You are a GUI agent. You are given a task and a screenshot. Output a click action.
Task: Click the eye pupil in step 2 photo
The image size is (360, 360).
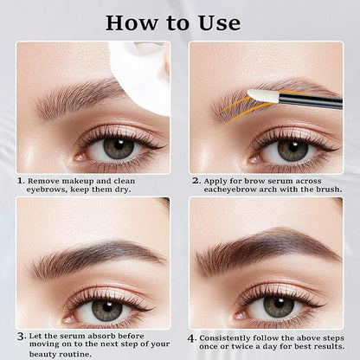(291, 148)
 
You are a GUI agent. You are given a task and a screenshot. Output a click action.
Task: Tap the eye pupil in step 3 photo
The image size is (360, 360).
(107, 308)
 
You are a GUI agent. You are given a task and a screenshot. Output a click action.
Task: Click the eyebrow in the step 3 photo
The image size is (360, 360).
(95, 257)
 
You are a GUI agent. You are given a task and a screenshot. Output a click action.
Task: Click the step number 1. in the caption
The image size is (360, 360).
(21, 182)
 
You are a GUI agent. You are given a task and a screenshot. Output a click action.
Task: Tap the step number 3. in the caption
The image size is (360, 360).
(21, 334)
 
